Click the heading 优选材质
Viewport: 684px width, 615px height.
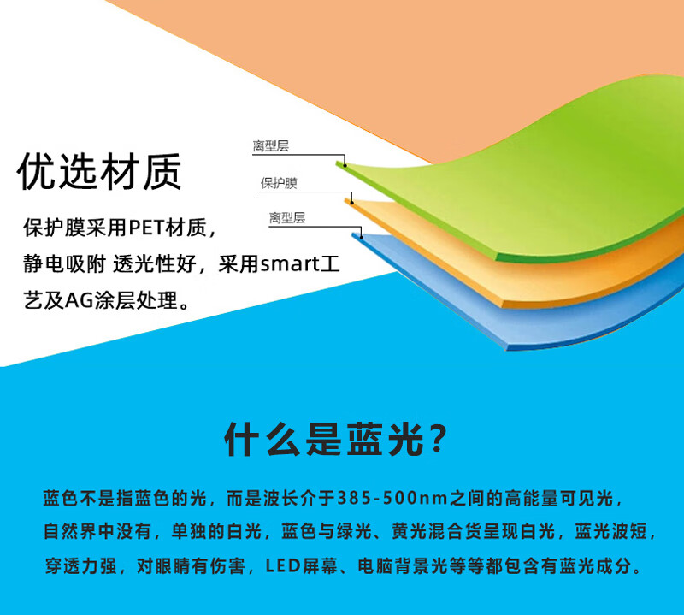coord(99,172)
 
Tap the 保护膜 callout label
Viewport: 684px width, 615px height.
coord(279,183)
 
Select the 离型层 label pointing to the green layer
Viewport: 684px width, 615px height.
coord(270,145)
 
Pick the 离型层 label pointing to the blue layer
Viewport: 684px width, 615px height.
coord(286,218)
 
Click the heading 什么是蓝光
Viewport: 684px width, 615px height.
coord(324,439)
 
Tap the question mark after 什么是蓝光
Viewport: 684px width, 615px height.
coord(438,438)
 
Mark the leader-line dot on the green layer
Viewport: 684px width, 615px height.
coord(345,165)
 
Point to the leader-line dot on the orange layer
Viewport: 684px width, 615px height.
coord(351,202)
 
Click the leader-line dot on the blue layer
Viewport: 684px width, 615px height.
coord(362,237)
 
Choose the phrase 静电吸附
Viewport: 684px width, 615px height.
coord(64,264)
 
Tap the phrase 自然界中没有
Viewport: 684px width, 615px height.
coord(97,532)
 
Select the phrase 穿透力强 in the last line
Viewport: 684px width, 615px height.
coord(80,566)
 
